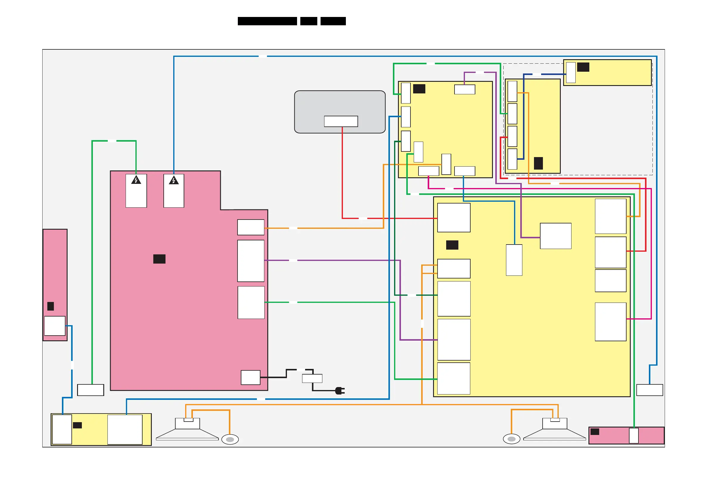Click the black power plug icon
tap(340, 391)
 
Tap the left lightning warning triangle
tap(136, 180)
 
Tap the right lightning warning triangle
tap(174, 180)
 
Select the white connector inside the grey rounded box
tap(341, 121)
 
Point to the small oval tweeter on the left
tap(230, 439)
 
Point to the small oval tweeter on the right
tap(512, 439)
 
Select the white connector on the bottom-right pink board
tap(634, 436)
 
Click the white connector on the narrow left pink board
tap(55, 326)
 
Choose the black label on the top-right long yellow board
tap(583, 67)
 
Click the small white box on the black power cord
tap(312, 378)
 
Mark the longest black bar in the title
tap(267, 21)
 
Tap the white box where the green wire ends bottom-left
tap(90, 390)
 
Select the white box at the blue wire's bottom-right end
tap(650, 390)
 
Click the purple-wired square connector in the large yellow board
tap(555, 236)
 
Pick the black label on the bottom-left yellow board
tap(77, 425)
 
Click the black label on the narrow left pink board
tap(51, 306)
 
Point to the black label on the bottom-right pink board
tap(595, 432)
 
